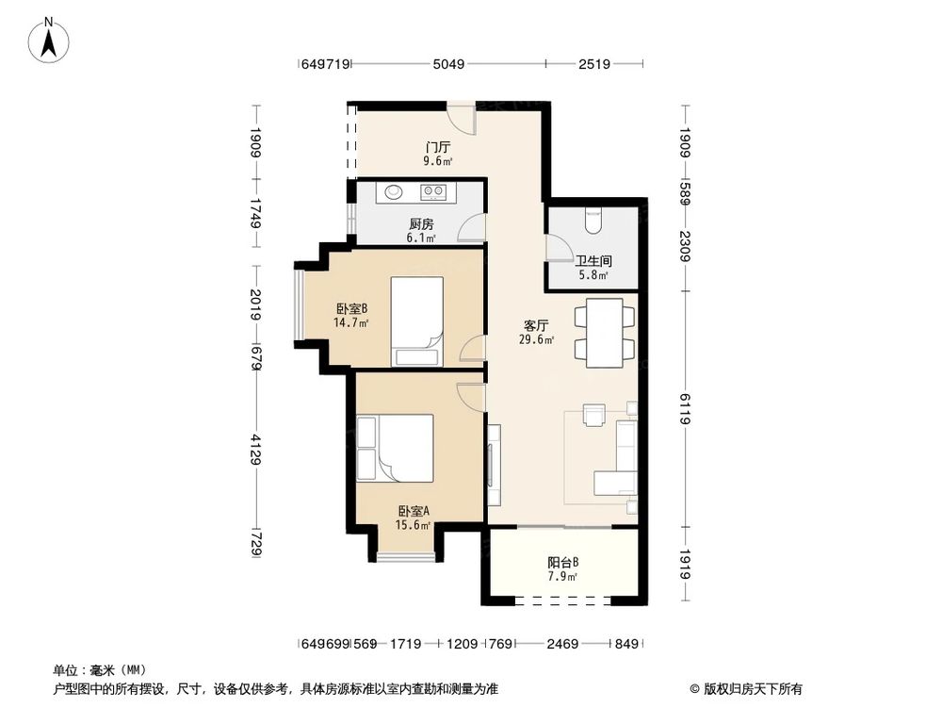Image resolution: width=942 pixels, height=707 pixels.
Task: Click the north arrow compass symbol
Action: click(x=49, y=40)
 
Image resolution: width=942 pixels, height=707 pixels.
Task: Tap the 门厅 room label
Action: click(x=438, y=147)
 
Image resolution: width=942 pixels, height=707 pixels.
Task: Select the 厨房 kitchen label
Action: click(x=421, y=224)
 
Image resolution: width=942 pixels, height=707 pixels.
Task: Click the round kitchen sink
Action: click(x=394, y=191)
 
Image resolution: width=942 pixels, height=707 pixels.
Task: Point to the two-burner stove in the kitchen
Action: click(x=433, y=191)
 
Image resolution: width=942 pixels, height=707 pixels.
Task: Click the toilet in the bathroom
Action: click(x=593, y=221)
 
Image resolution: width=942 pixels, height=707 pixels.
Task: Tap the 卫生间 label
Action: click(x=593, y=261)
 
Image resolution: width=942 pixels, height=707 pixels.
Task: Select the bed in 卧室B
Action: click(x=417, y=321)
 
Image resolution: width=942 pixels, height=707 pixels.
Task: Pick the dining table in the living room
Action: click(x=605, y=333)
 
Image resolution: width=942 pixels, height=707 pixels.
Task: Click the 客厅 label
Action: click(x=536, y=326)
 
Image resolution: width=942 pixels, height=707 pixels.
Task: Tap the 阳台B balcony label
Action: click(x=563, y=563)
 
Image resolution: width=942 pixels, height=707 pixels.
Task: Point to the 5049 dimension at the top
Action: click(x=448, y=64)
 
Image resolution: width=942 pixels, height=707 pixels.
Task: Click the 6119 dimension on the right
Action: click(x=686, y=408)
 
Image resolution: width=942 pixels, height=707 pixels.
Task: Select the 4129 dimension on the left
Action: click(x=256, y=449)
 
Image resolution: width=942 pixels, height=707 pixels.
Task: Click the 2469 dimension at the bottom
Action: click(x=562, y=644)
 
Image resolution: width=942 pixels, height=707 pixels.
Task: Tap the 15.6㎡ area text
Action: click(x=413, y=525)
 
